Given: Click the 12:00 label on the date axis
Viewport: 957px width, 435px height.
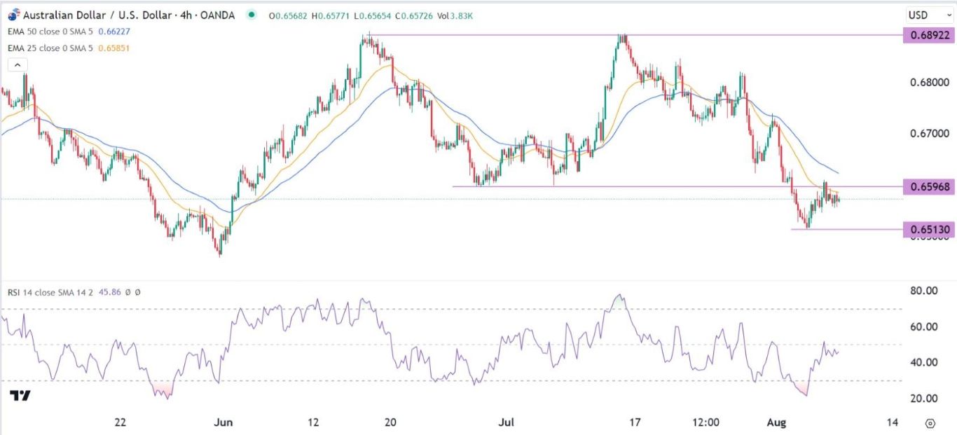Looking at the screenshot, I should click(x=705, y=422).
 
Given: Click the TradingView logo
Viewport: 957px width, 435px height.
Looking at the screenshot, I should click(x=21, y=396).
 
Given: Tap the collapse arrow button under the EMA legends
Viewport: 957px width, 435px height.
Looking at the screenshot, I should click(x=17, y=65).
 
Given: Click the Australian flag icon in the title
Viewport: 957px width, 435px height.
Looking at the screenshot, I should click(x=12, y=14).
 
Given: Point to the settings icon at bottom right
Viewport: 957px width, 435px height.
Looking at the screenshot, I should click(x=930, y=423).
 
